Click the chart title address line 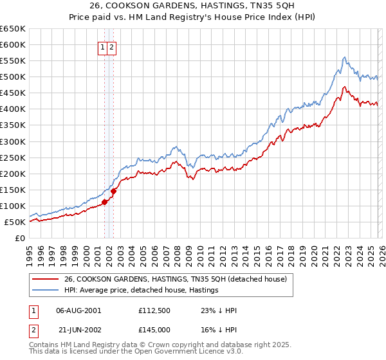point(193,6)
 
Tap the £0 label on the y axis point(19,239)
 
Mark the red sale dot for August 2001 point(104,202)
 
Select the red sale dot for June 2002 point(114,191)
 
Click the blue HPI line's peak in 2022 point(345,57)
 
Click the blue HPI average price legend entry point(141,290)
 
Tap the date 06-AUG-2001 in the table point(78,310)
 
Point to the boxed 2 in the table point(33,329)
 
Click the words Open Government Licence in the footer point(187,352)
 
